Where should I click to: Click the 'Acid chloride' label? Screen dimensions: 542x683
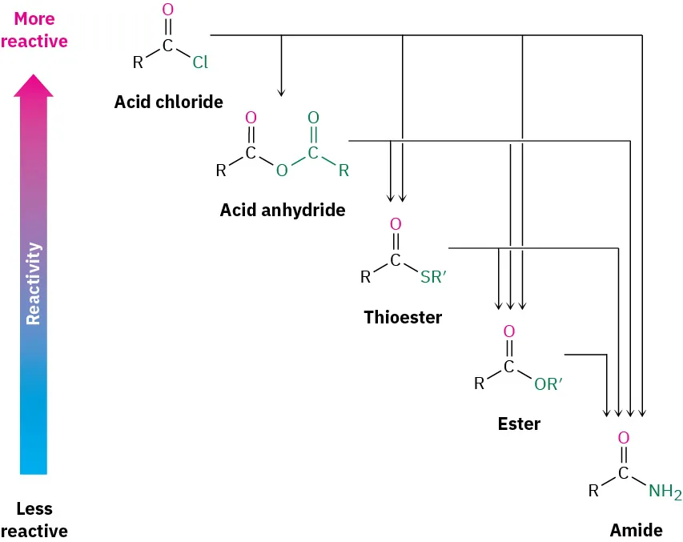coord(168,102)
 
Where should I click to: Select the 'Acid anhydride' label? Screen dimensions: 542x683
coord(282,211)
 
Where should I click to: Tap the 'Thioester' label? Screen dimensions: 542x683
coord(403,318)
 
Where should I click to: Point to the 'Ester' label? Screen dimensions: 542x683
coord(519,424)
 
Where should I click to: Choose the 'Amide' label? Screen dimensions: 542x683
coord(636,531)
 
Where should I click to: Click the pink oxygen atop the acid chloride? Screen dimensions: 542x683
coord(167,11)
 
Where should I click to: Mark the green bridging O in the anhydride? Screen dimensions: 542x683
coord(281,171)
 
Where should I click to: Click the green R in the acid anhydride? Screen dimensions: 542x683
coord(344,171)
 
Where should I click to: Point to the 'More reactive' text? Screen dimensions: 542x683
coord(34,30)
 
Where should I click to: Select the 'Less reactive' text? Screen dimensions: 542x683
coord(34,520)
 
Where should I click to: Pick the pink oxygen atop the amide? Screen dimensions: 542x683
coord(623,439)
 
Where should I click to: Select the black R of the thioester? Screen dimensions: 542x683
coord(365,278)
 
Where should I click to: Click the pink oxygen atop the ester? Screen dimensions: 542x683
coord(508,331)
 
